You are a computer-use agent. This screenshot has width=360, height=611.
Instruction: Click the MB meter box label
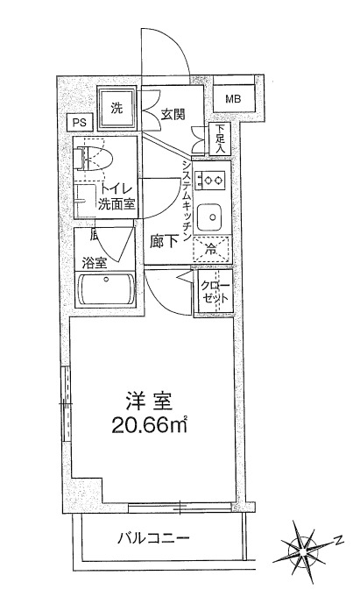tap(233, 99)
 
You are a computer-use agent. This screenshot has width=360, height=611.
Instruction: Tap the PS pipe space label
tap(79, 123)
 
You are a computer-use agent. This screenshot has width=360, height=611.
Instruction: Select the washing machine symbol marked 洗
tap(116, 109)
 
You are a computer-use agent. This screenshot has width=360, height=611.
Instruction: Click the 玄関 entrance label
tap(173, 115)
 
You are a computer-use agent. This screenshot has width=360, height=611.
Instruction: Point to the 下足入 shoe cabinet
tap(220, 139)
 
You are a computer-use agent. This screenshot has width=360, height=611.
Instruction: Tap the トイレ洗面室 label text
tap(116, 197)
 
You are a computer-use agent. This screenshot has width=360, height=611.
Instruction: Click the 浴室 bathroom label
tap(95, 263)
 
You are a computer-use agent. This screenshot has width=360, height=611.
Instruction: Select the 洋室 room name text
tap(148, 402)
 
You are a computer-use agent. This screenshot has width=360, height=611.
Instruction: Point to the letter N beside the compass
tap(339, 540)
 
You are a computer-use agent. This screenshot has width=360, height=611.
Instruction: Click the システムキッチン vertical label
tap(186, 200)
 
